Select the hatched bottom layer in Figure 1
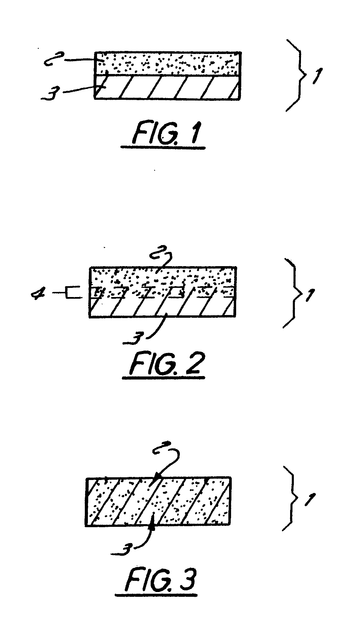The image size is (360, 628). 168,87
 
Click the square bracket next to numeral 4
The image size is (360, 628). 74,293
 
